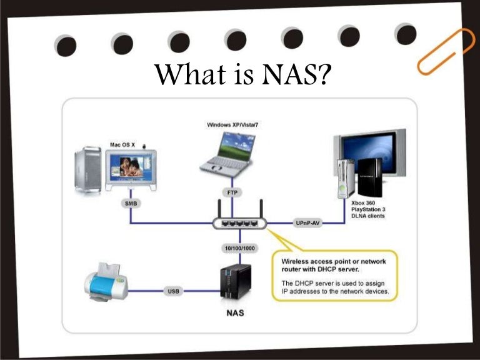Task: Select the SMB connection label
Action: [131, 204]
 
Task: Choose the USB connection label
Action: [174, 291]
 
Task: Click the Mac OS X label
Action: [122, 144]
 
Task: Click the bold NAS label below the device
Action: [234, 312]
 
